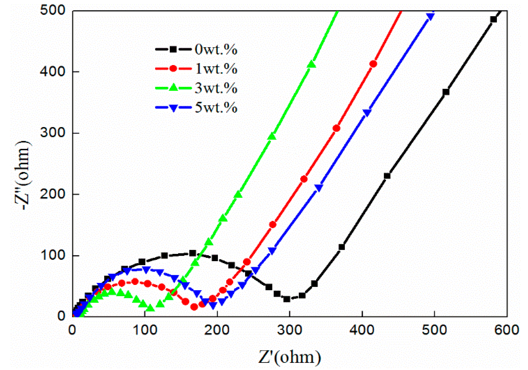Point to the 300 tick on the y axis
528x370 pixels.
(52, 133)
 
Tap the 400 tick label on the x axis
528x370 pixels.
(362, 330)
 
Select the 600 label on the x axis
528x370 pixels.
(506, 330)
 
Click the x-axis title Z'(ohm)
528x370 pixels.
(289, 357)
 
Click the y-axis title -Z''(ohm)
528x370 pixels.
(24, 176)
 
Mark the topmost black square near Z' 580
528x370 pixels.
(493, 19)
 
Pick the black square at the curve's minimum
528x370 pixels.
(287, 299)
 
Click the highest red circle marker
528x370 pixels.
(373, 64)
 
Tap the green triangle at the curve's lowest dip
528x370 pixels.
(151, 308)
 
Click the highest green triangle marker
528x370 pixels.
(311, 64)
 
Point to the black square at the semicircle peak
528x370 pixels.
(193, 253)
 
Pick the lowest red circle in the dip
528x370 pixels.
(194, 307)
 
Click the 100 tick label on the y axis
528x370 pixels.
(52, 255)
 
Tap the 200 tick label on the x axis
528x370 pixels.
(217, 330)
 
